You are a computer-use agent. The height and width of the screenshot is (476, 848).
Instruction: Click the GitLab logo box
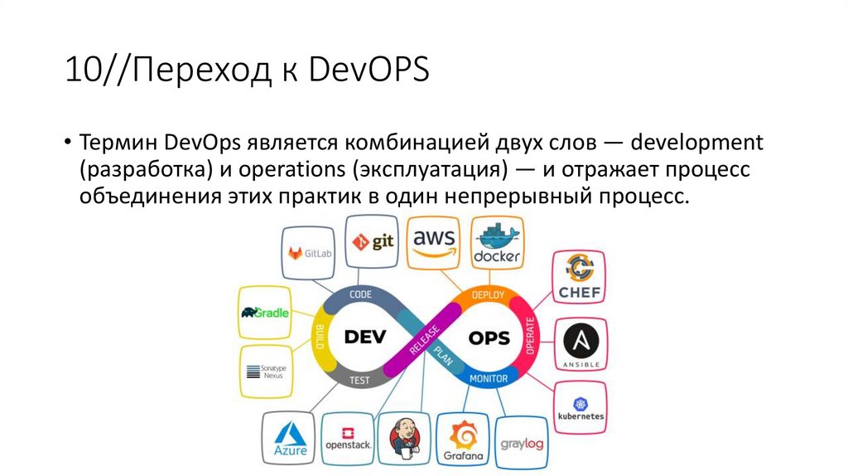click(311, 253)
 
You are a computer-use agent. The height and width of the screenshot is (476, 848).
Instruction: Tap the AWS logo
click(435, 241)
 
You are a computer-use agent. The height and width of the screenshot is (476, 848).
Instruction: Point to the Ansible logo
click(579, 344)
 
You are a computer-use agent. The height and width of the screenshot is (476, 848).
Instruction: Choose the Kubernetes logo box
click(581, 406)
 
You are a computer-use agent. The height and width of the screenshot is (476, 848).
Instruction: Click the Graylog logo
click(522, 444)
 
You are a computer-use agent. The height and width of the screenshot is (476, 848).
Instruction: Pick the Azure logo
click(290, 440)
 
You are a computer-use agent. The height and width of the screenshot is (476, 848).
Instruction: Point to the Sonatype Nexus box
click(267, 370)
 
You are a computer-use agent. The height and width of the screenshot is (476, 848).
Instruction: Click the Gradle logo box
click(265, 313)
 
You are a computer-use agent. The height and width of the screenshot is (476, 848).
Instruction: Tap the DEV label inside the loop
click(364, 337)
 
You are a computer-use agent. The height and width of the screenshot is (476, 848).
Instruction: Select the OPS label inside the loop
click(489, 338)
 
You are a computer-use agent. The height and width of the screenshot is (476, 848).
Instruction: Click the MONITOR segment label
click(489, 379)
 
